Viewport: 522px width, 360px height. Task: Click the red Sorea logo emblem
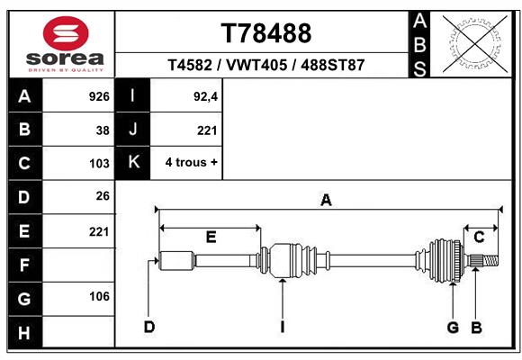pyautogui.click(x=66, y=33)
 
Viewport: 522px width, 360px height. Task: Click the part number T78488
pyautogui.click(x=266, y=33)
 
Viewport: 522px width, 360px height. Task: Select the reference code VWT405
pyautogui.click(x=256, y=65)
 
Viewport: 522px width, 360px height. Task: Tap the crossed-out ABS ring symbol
pyautogui.click(x=476, y=44)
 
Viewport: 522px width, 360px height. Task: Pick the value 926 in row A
pyautogui.click(x=99, y=96)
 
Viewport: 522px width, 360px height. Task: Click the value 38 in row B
pyautogui.click(x=103, y=130)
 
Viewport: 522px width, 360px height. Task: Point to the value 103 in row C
pyautogui.click(x=99, y=164)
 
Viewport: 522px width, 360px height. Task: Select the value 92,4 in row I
pyautogui.click(x=205, y=96)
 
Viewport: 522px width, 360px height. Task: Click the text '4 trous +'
pyautogui.click(x=191, y=163)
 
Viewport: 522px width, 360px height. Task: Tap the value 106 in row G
pyautogui.click(x=99, y=296)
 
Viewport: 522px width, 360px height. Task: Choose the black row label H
pyautogui.click(x=25, y=332)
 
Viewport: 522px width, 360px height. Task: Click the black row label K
pyautogui.click(x=133, y=163)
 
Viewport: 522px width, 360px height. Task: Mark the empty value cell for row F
pyautogui.click(x=78, y=265)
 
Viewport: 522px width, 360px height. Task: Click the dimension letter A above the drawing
pyautogui.click(x=326, y=201)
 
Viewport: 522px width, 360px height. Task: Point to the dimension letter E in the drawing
pyautogui.click(x=211, y=237)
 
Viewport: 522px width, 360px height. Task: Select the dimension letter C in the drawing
pyautogui.click(x=479, y=237)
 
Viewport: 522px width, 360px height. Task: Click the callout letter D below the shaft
pyautogui.click(x=149, y=328)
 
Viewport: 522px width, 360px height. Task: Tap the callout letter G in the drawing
pyautogui.click(x=453, y=328)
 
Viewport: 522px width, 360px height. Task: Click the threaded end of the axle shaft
pyautogui.click(x=490, y=261)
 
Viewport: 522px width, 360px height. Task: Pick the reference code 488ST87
pyautogui.click(x=333, y=65)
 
